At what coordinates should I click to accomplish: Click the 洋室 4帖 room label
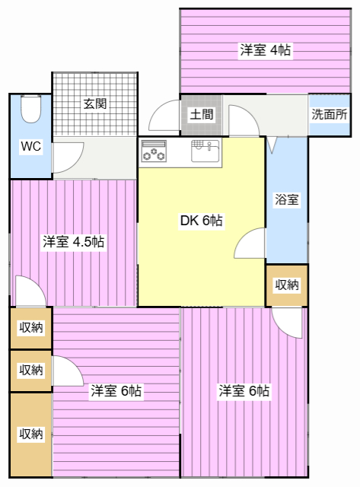point(265,50)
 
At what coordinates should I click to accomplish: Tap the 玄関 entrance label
point(94,104)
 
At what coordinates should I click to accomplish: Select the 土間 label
point(201,116)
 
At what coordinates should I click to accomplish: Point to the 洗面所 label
point(329,115)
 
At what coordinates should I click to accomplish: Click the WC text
point(30,146)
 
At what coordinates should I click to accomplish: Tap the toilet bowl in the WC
point(30,109)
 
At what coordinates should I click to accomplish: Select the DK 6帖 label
point(201,221)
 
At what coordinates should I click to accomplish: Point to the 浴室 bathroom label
point(287,200)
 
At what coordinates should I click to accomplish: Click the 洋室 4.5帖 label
point(73,242)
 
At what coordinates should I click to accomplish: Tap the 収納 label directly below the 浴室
point(287,285)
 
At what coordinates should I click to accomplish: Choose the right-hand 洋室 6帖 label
point(244,391)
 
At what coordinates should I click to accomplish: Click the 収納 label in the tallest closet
point(30,434)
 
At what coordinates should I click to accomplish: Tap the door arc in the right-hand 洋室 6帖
point(288,322)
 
